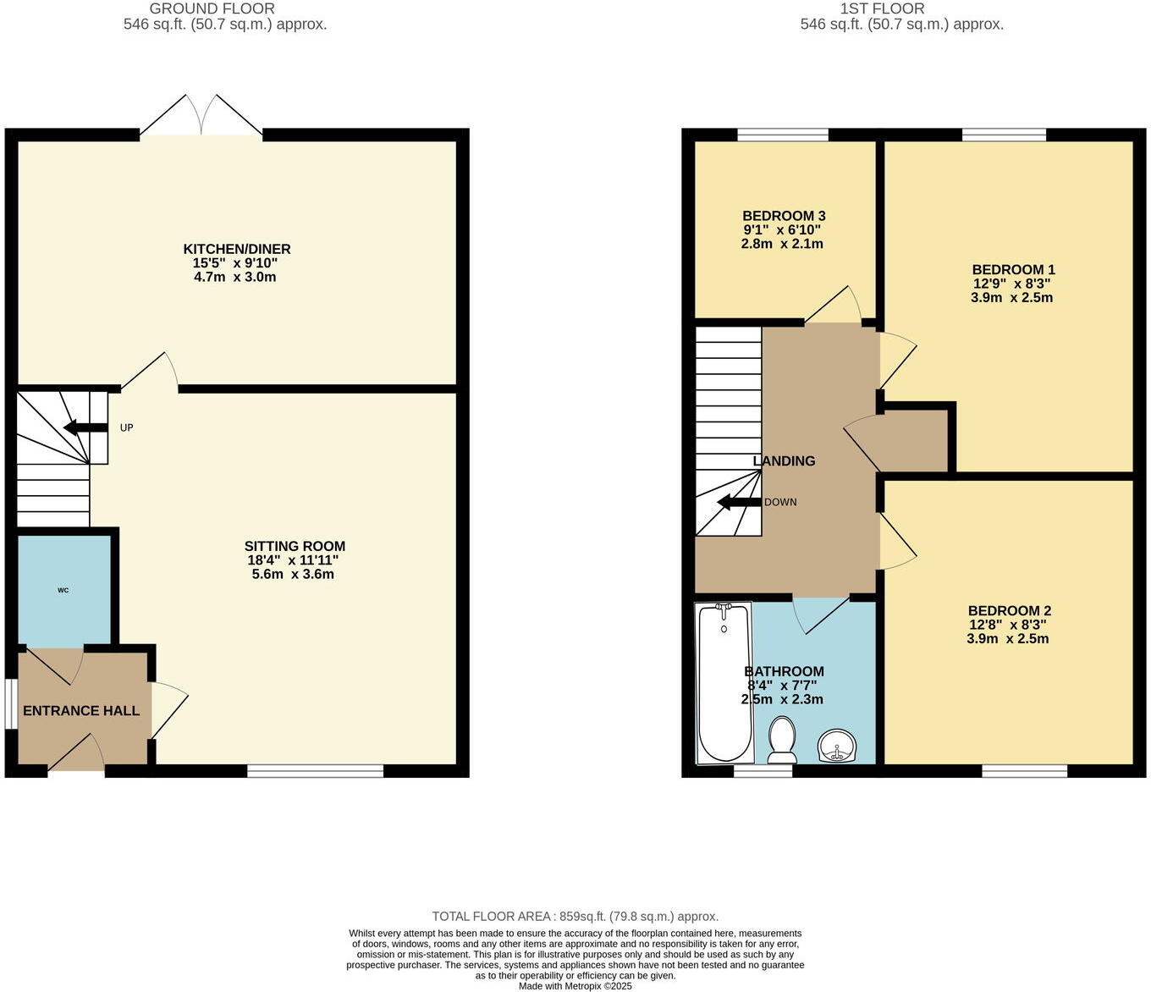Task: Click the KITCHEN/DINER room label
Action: tap(237, 249)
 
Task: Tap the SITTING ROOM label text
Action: tap(295, 546)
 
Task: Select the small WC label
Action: tap(63, 590)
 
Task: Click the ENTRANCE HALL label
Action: tap(81, 710)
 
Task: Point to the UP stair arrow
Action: tap(85, 427)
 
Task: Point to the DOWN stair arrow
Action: tap(738, 503)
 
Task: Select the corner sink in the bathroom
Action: tap(837, 746)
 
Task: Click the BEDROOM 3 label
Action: tap(784, 216)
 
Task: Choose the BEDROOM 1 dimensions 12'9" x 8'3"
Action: tap(1012, 284)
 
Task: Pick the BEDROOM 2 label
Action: tap(1009, 610)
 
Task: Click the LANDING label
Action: tap(785, 461)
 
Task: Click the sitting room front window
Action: tap(315, 770)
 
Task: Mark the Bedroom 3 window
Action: tap(783, 135)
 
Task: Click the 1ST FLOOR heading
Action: tap(882, 8)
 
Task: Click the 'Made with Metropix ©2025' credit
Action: tap(575, 986)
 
